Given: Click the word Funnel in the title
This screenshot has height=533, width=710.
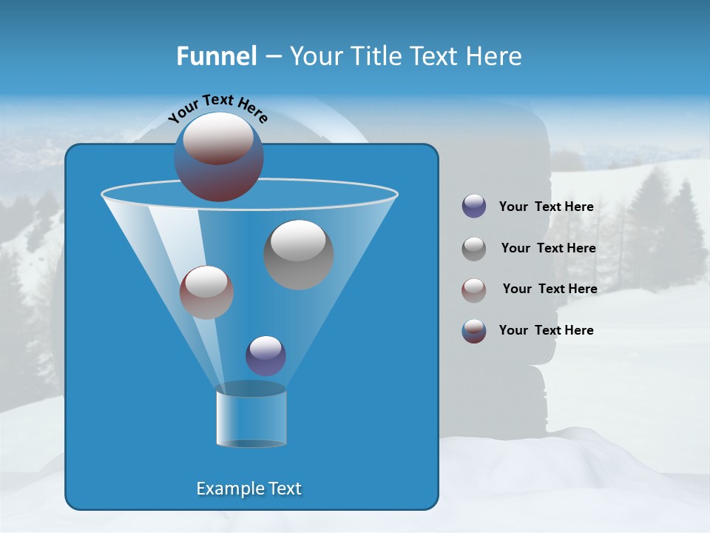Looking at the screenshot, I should click(216, 56).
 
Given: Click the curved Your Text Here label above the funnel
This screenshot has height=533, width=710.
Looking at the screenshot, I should click(217, 107).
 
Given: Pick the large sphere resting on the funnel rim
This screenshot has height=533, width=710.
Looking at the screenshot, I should click(219, 156).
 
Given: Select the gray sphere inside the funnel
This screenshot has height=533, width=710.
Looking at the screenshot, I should click(299, 254).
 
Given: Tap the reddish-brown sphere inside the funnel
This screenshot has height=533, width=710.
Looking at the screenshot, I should click(207, 292).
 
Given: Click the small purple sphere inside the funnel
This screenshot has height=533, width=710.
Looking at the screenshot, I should click(266, 355).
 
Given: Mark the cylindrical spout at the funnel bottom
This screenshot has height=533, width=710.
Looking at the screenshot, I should click(251, 416).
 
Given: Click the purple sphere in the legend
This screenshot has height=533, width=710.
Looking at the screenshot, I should click(474, 206).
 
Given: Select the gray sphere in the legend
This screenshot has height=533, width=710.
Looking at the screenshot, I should click(474, 249).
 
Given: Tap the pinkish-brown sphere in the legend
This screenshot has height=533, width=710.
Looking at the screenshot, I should click(474, 290).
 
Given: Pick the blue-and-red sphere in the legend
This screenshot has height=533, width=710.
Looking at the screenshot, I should click(474, 331).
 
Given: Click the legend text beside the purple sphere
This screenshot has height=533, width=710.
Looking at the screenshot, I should click(546, 207).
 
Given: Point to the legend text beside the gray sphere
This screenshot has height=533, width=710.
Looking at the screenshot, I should click(548, 249).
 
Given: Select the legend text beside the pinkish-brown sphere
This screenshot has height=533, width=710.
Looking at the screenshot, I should click(550, 289).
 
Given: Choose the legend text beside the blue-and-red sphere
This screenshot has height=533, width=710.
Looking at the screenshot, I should click(546, 330).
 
